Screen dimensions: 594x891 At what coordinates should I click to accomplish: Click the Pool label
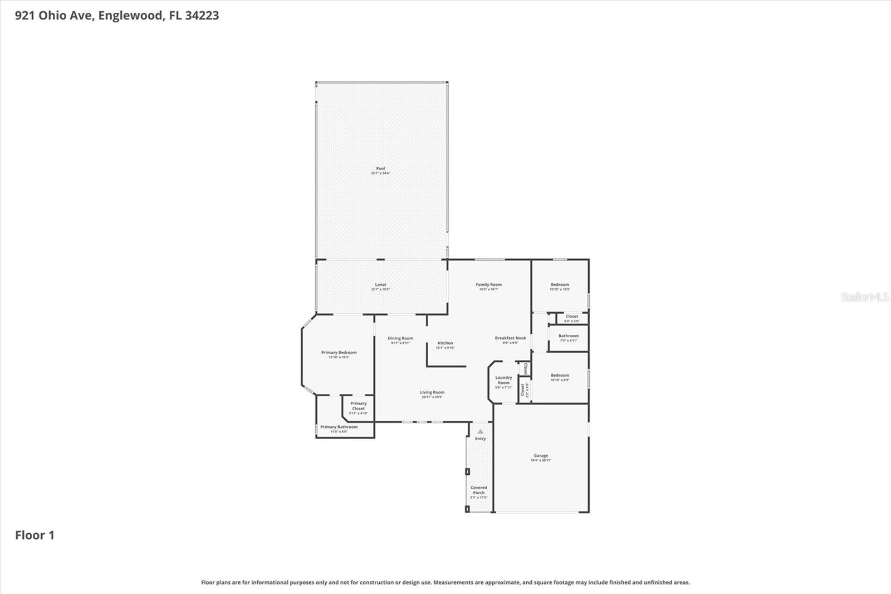coord(380,169)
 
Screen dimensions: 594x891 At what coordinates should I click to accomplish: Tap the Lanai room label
coord(380,285)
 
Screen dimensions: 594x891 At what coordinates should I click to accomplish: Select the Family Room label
coord(488,285)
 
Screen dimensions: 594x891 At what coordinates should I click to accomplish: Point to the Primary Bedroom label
coord(339,353)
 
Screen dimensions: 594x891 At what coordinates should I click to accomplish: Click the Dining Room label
coord(400,339)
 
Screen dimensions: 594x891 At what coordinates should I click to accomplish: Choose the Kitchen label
coord(445,343)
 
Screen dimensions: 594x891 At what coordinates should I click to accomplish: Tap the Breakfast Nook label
coord(510,338)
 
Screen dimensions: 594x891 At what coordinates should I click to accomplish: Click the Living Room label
coord(432,393)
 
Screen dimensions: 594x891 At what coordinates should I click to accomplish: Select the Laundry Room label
coord(503,380)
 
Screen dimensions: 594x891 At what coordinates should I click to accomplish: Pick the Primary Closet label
coord(358,406)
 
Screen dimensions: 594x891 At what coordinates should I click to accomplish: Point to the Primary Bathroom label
coord(339,427)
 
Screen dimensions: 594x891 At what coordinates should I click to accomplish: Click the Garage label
coord(541,456)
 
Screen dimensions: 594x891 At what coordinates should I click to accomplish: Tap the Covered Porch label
coord(478,490)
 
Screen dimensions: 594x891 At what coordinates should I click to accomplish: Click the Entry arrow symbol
coord(480,431)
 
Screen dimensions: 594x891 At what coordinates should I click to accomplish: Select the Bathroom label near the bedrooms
coord(569,336)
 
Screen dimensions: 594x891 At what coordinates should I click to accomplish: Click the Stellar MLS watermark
coord(864,297)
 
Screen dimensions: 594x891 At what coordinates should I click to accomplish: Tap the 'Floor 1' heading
coord(35,535)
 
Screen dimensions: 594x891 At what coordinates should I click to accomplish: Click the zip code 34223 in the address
coord(202,16)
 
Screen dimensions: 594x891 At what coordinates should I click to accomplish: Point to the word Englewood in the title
coord(131,16)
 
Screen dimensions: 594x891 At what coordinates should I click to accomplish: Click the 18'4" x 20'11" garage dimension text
coord(541,460)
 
